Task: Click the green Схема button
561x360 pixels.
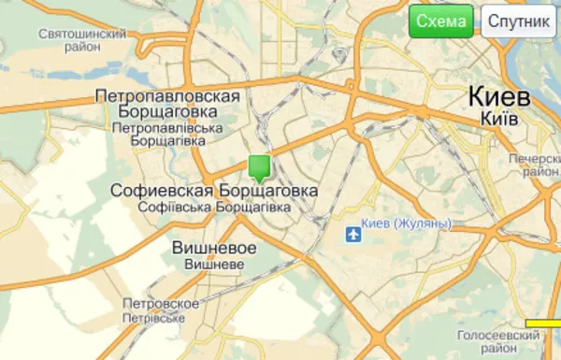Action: tap(441, 22)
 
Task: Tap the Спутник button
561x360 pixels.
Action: tap(518, 22)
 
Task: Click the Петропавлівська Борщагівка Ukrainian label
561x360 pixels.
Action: tap(168, 133)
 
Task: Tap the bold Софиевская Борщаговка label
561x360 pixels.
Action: tap(213, 190)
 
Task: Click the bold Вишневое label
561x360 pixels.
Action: tap(214, 248)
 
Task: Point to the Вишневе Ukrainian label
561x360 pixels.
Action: tap(214, 264)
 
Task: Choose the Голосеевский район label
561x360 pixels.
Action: tap(496, 340)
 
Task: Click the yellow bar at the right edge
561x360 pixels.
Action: tap(542, 324)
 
